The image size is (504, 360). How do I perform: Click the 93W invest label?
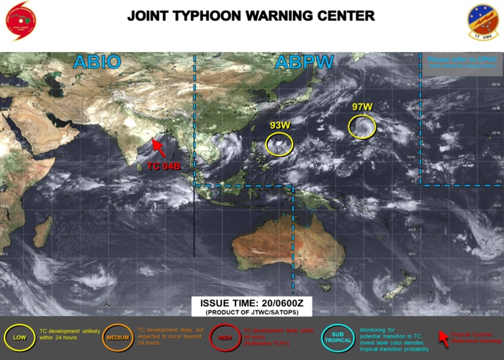point(280,125)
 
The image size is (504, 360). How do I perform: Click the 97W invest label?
point(362,107)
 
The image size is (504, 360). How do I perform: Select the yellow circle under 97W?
point(362,127)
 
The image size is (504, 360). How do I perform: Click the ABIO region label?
point(98,63)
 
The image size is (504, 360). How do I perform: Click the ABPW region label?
point(305,63)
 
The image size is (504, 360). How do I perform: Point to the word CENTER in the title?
point(342,15)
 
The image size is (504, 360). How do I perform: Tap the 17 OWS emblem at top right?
point(482,22)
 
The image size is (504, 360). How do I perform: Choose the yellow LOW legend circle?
point(19,337)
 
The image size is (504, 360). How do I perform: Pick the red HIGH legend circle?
point(225,337)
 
